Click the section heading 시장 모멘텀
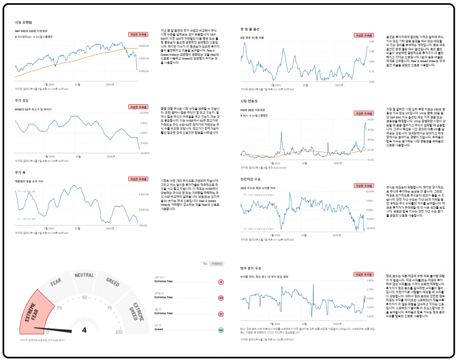[x=24, y=22]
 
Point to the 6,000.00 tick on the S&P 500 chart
[x=144, y=46]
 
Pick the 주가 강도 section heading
[x=21, y=100]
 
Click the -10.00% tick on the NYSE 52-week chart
[x=144, y=153]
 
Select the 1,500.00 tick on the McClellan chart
[x=144, y=194]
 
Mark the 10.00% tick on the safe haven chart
[x=370, y=192]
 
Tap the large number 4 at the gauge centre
[x=84, y=330]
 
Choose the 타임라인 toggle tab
[x=217, y=264]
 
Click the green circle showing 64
[x=220, y=330]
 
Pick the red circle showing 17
[x=220, y=314]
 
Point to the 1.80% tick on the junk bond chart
[x=370, y=281]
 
